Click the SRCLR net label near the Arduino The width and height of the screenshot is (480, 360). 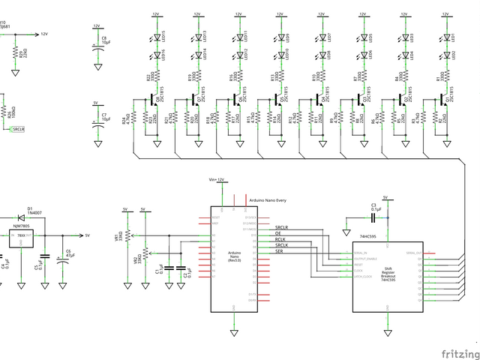click(282, 227)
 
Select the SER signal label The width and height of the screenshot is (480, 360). click(280, 251)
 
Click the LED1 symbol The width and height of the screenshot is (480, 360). click(446, 37)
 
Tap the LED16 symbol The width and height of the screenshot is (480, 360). click(156, 54)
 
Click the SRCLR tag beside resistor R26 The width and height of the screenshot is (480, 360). click(18, 129)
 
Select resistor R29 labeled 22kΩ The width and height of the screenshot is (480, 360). click(14, 52)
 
